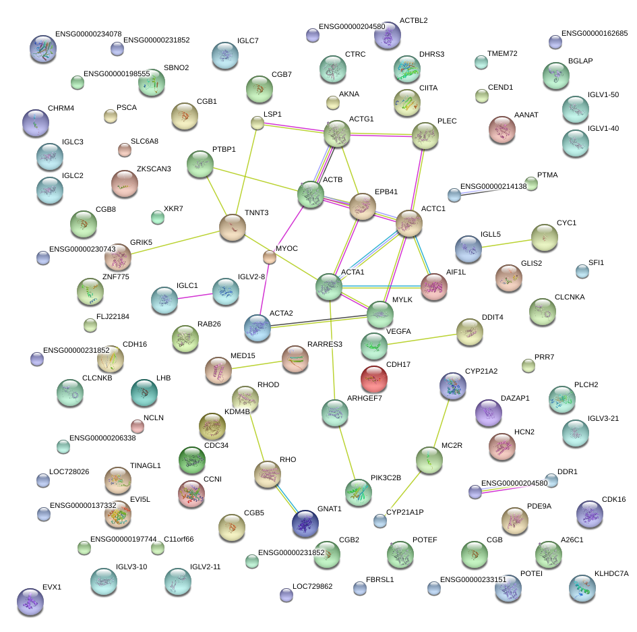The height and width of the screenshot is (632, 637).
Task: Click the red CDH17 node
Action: pyautogui.click(x=374, y=380)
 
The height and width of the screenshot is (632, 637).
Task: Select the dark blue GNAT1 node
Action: pyautogui.click(x=305, y=521)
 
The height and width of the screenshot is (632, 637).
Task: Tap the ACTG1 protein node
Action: pyautogui.click(x=337, y=134)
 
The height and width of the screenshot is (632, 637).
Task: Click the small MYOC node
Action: pyautogui.click(x=269, y=256)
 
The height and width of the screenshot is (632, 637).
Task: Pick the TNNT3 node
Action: pyautogui.click(x=233, y=227)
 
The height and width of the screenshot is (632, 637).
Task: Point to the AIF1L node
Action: pyautogui.click(x=433, y=287)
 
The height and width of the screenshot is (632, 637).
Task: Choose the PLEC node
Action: pyautogui.click(x=425, y=136)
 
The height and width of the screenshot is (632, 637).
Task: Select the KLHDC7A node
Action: pyautogui.click(x=582, y=587)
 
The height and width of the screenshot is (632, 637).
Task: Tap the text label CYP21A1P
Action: pyautogui.click(x=408, y=513)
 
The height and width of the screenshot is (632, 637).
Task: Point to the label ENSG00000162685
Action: pyautogui.click(x=595, y=33)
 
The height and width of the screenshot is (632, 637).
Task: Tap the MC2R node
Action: pyautogui.click(x=429, y=460)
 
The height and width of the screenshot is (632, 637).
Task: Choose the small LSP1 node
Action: pyautogui.click(x=257, y=123)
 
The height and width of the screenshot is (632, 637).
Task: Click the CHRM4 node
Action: pyautogui.click(x=35, y=123)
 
